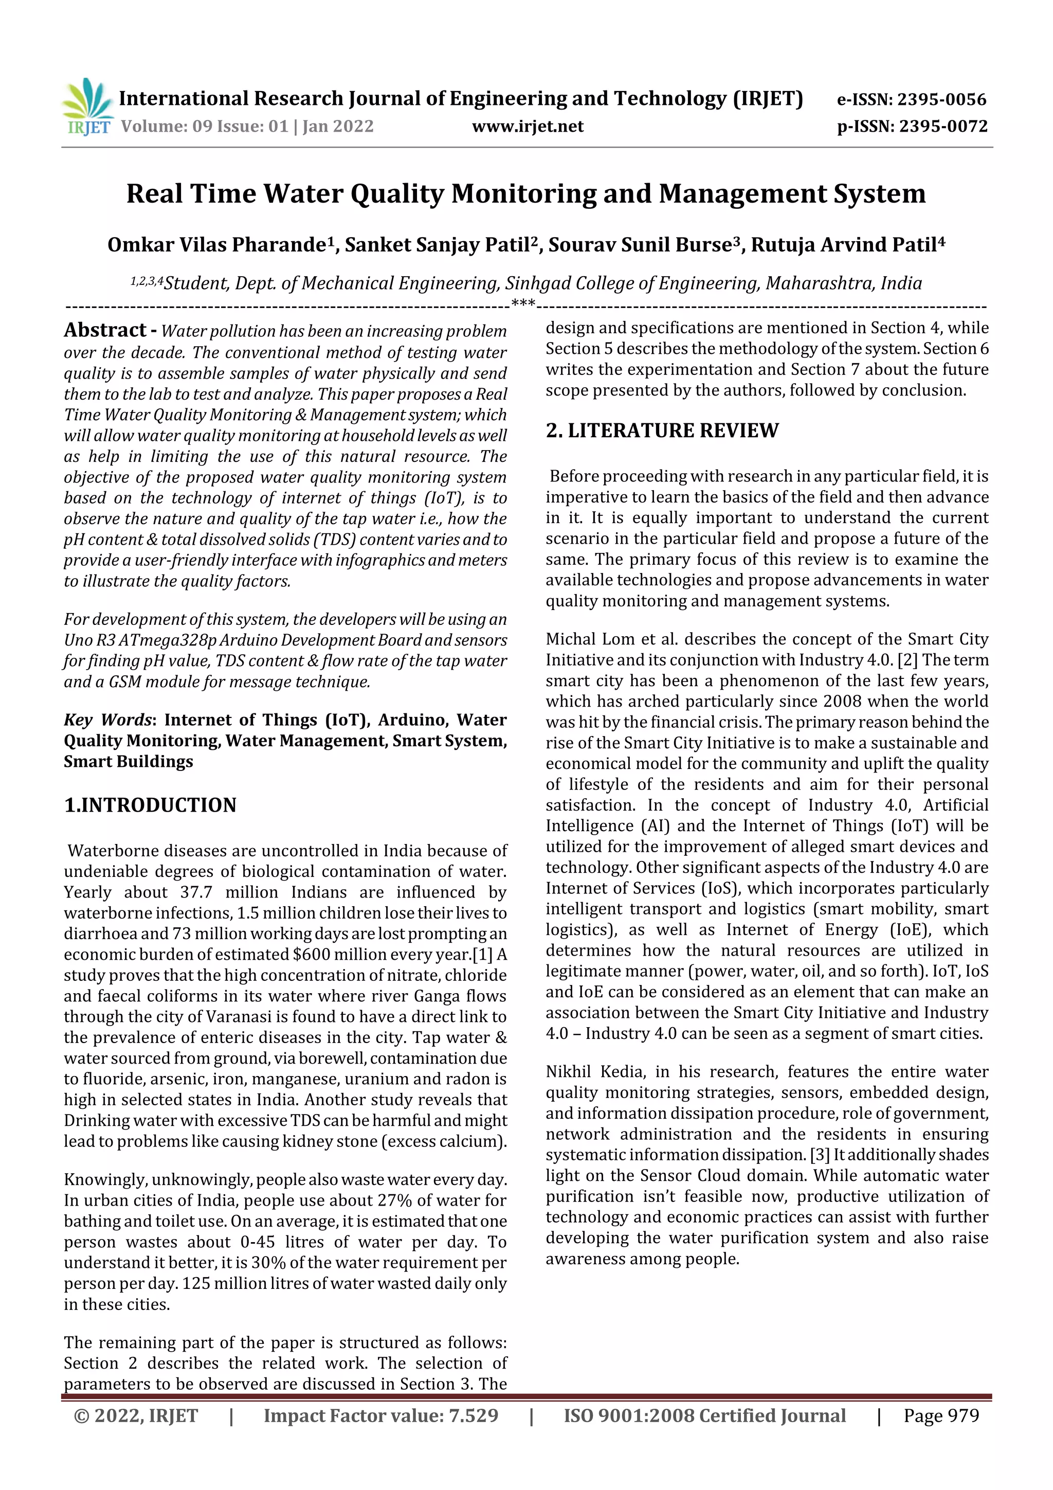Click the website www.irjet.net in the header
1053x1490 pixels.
pyautogui.click(x=527, y=127)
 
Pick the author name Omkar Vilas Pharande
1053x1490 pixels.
pyautogui.click(x=216, y=245)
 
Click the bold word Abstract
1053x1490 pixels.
pyautogui.click(x=105, y=330)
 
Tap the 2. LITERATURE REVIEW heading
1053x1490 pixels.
pyautogui.click(x=662, y=431)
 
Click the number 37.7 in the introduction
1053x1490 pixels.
pyautogui.click(x=196, y=892)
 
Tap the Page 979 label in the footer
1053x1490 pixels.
pyautogui.click(x=941, y=1416)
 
